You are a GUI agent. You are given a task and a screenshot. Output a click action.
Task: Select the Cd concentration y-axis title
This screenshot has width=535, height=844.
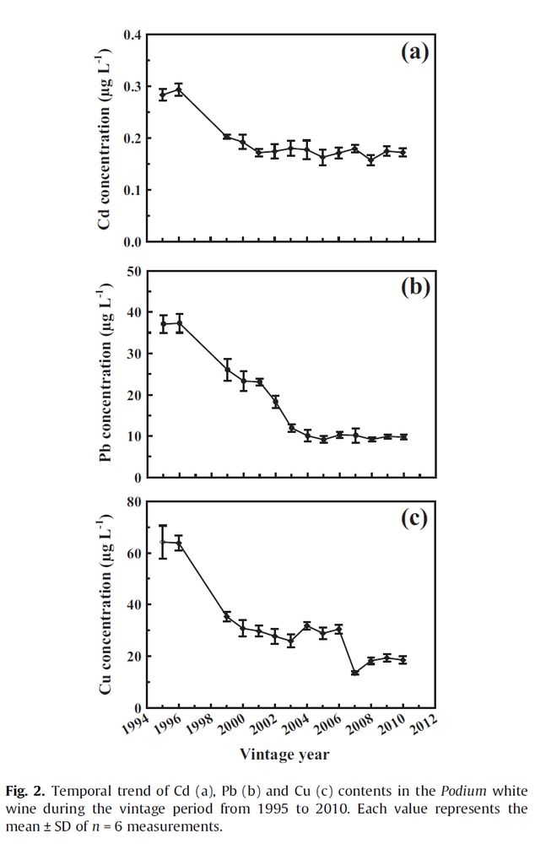105,141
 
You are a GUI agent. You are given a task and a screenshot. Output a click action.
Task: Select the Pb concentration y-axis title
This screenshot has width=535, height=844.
105,375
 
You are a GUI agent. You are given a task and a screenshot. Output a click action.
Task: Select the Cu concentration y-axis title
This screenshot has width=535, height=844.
105,604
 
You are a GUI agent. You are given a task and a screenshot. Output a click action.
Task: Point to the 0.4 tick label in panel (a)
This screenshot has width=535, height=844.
131,35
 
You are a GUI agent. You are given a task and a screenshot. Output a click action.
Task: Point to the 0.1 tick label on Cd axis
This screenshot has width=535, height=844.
131,190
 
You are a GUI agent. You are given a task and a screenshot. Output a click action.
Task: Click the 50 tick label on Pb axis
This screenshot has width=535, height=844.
132,271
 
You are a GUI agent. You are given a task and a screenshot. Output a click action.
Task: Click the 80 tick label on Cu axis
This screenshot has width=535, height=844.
132,501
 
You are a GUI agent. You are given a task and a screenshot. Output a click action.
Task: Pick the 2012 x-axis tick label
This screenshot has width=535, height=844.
422,726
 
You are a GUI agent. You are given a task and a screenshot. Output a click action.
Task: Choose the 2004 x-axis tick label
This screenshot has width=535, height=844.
295,726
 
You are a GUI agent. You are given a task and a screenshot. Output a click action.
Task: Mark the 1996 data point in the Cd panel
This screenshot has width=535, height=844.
179,89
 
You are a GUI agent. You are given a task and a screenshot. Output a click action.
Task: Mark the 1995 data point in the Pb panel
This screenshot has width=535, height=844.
164,324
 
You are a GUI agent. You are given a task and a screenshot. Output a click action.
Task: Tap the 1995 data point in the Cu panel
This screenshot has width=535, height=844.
164,542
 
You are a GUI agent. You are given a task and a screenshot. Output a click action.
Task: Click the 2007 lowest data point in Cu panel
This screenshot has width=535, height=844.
354,673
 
